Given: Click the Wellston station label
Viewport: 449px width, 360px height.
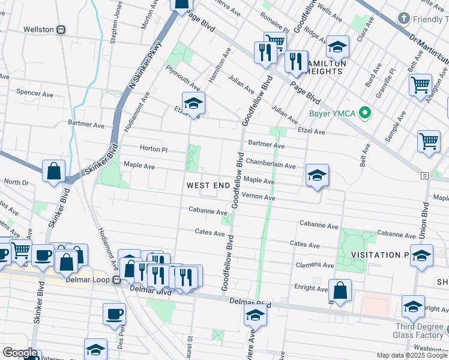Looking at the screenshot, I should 39,29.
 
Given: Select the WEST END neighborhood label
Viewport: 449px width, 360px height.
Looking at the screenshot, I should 208,185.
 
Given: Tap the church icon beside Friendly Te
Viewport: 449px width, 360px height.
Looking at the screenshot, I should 405,19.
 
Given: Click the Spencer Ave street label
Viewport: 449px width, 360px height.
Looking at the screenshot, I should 35,93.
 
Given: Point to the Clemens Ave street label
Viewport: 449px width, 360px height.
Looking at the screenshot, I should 315,265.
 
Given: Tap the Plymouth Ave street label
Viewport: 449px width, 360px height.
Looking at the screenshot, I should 183,76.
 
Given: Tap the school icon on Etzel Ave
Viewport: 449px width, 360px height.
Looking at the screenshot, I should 193,103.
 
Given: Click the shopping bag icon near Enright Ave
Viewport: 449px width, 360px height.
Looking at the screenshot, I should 340,290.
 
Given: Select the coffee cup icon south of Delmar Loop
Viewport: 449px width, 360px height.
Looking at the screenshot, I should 114,314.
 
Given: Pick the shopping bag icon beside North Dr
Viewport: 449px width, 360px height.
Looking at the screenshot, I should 54,171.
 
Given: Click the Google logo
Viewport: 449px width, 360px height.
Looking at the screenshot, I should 20,353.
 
